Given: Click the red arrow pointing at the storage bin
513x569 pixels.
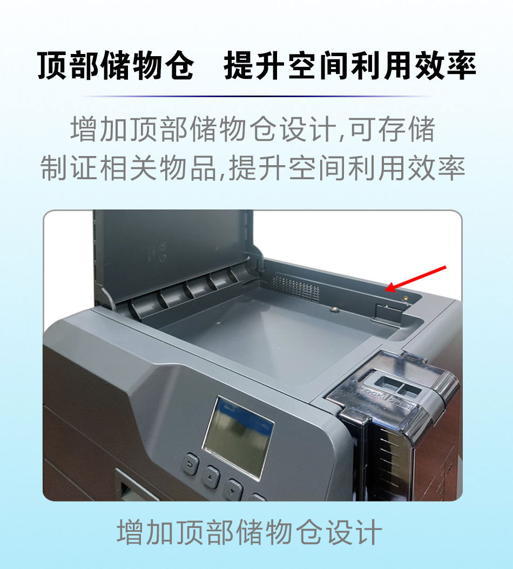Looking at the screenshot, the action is pos(416,279).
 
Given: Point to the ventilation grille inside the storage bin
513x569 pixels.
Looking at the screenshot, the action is pos(295,288).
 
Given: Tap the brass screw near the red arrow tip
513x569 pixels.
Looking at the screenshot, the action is pos(406,299).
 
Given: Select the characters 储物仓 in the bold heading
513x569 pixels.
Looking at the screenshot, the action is pos(147,65).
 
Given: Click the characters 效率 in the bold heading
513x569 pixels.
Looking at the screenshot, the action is pos(445,65).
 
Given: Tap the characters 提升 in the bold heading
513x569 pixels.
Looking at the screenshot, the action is pos(254,65).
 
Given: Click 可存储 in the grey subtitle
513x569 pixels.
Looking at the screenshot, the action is pos(392,129).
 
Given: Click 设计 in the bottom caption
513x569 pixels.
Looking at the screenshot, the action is pos(354,532).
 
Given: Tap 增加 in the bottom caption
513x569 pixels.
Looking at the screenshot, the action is pos(146,532).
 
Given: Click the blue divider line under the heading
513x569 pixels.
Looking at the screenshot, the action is pos(256,96).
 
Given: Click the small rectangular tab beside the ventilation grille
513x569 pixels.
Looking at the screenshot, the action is pos(381,312).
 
